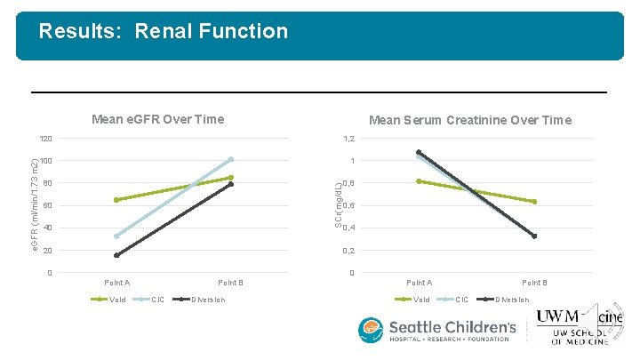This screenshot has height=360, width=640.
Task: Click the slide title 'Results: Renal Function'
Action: pos(163,32)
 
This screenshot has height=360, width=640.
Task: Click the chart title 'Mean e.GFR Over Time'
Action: pos(158,119)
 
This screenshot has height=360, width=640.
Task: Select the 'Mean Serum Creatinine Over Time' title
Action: pos(470,120)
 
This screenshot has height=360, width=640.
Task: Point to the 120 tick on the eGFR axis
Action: pos(45,139)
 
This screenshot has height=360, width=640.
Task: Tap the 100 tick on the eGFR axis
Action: pos(45,161)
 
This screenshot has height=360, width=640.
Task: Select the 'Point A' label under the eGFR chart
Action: pos(116,283)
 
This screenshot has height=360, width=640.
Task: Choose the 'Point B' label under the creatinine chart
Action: pos(534,283)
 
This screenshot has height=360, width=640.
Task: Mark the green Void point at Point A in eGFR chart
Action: pos(116,200)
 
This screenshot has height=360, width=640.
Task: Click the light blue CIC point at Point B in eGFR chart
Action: pos(230,160)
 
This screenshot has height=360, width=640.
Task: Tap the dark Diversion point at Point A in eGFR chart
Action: pos(116,256)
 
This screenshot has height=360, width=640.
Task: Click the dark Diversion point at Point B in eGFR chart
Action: pos(230,184)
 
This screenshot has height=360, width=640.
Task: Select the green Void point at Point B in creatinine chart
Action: pos(534,202)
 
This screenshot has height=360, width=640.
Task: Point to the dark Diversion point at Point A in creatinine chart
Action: pos(419,152)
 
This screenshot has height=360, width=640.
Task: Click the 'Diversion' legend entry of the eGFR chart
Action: pos(207,299)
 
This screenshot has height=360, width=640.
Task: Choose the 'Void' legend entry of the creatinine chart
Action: pos(421,299)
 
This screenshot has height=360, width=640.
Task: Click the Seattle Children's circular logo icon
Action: pos(371,331)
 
